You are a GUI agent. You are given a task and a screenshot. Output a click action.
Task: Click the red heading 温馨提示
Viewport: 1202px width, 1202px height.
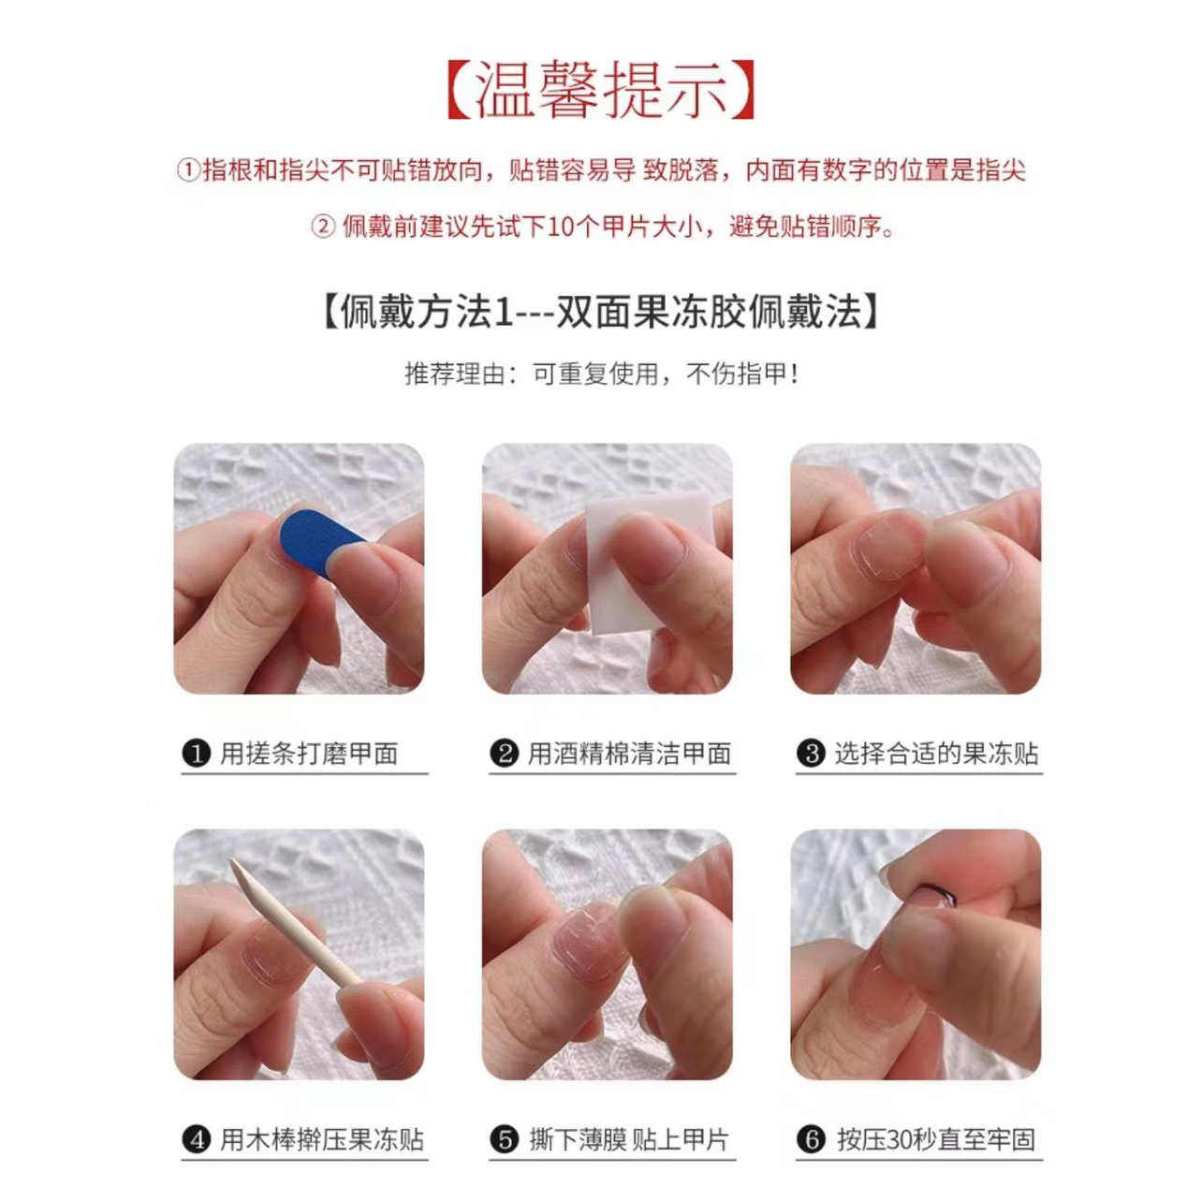600,92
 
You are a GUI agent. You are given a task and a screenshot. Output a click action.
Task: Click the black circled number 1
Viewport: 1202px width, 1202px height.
195,754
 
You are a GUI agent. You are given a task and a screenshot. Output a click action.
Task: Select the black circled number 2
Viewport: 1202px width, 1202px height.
505,754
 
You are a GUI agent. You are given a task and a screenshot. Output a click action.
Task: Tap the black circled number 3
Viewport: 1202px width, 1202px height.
811,754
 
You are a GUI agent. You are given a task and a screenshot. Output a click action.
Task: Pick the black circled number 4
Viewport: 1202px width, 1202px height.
196,1140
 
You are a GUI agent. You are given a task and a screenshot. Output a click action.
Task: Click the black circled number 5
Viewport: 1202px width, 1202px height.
505,1140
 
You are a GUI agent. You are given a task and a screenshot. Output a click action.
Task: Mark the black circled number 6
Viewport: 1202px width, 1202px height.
811,1140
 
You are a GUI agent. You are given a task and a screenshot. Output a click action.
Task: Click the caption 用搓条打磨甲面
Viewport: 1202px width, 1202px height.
309,754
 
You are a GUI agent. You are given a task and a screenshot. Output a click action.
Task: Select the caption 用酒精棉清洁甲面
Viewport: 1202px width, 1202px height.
628,754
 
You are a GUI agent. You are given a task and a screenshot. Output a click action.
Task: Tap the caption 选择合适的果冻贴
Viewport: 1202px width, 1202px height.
935,754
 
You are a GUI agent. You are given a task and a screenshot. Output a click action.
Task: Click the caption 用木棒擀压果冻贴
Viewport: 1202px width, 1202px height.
321,1140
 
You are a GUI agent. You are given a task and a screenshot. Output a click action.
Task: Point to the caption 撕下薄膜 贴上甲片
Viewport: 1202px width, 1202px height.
628,1140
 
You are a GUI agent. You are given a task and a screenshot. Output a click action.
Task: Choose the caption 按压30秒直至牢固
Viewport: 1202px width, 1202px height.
935,1140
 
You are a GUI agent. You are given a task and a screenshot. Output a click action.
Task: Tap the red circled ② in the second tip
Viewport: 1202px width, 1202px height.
323,227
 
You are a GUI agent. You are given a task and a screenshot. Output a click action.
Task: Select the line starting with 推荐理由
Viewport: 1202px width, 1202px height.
602,374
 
